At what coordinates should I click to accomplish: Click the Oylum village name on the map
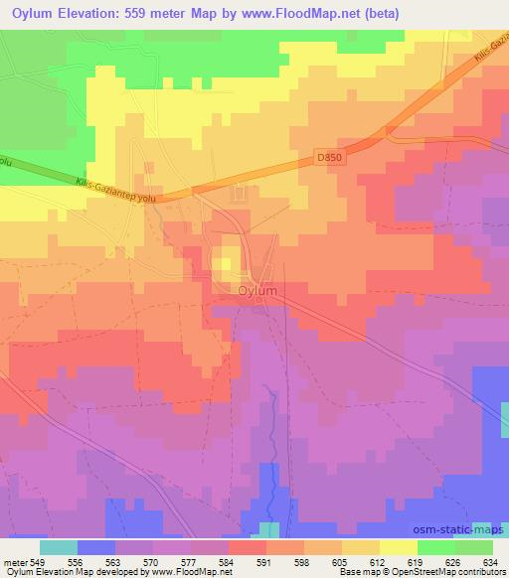[x=257, y=291]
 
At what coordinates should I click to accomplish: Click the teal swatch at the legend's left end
[x=59, y=546]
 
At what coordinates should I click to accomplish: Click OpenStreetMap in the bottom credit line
[x=419, y=572]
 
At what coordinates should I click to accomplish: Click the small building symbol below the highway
[x=238, y=194]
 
